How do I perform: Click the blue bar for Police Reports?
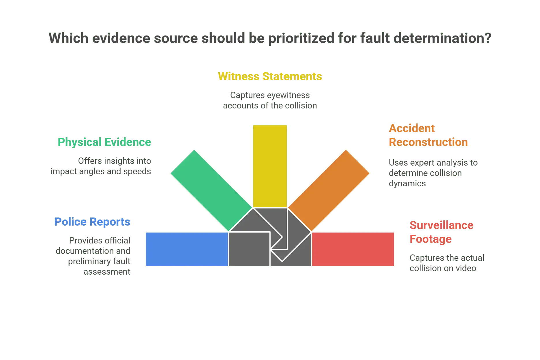pos(187,249)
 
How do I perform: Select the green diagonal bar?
pos(211,190)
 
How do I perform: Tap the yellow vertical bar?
pos(270,166)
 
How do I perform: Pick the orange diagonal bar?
pos(329,190)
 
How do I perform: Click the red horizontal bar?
pos(353,249)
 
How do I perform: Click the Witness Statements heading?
pos(270,77)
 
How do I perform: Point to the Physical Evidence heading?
pos(105,142)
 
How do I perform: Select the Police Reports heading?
pos(93,222)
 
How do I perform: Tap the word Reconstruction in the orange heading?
pos(428,142)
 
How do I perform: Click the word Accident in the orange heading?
pos(412,128)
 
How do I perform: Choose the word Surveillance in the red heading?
pos(441,225)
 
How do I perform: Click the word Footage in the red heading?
pos(431,239)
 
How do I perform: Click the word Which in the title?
pos(68,39)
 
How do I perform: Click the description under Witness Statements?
pos(270,100)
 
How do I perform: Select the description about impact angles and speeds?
pos(102,166)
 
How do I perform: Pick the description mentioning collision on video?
pos(446,263)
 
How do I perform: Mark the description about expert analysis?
pos(432,173)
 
